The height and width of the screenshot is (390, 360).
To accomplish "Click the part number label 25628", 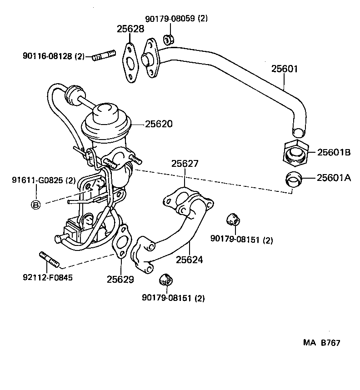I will tap(130, 29).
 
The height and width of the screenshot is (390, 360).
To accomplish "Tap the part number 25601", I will tap(285, 69).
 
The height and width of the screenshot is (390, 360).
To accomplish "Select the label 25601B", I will tap(334, 152).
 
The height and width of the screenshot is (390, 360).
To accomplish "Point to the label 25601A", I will tap(334, 178).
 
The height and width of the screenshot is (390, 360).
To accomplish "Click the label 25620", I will tap(159, 124).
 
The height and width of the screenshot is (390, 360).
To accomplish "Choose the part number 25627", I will tap(185, 164).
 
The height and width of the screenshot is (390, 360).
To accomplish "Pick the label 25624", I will tap(190, 260).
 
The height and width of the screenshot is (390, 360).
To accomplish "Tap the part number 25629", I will tap(120, 280).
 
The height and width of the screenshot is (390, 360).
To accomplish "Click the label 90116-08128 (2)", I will tap(54, 56).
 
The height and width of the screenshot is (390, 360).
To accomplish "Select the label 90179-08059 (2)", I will tap(176, 19).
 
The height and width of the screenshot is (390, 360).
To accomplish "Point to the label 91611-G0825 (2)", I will tap(44, 180).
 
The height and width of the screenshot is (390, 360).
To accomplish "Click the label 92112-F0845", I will tap(47, 276).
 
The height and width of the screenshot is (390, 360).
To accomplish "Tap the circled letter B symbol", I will tap(35, 205).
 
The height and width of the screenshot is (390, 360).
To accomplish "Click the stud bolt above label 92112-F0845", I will tap(49, 260).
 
